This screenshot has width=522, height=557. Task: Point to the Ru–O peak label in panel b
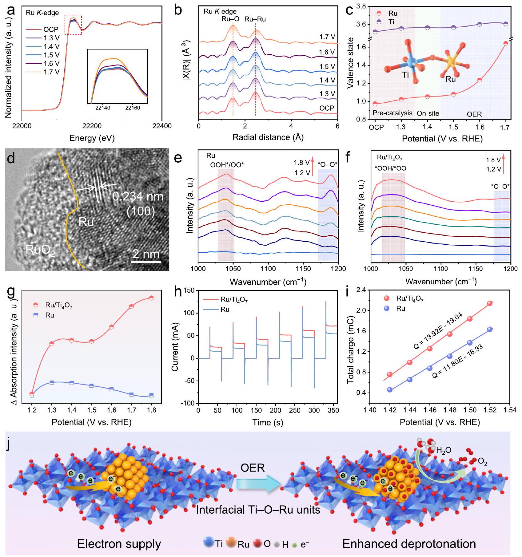click(x=230, y=19)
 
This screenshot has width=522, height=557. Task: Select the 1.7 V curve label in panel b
click(x=327, y=37)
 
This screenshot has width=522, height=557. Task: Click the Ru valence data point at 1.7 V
click(x=506, y=43)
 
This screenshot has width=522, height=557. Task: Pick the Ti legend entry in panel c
click(x=391, y=22)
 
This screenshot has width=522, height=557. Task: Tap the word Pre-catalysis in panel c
click(x=392, y=113)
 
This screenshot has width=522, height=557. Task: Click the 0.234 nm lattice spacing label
click(x=138, y=196)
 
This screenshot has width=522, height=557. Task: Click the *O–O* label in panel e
click(x=327, y=164)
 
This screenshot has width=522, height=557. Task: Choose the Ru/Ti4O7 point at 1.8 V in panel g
click(x=151, y=298)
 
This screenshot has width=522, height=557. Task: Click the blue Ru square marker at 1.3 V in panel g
click(x=52, y=382)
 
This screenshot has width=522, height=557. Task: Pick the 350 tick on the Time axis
click(x=333, y=411)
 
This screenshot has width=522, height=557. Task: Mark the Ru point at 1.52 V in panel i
click(x=490, y=329)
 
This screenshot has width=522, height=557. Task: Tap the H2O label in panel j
click(x=444, y=450)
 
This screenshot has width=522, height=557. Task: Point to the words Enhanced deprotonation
click(x=409, y=544)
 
